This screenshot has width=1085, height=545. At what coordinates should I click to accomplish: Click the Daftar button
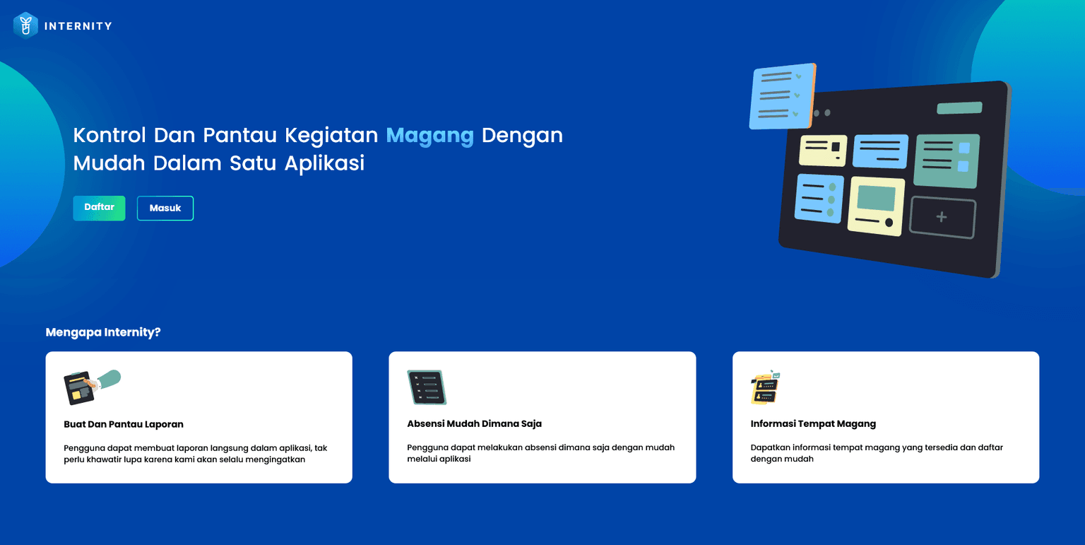coord(99,208)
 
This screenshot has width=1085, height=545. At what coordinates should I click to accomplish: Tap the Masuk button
coord(165,209)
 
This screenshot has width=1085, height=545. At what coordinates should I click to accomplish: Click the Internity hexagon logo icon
coord(25,25)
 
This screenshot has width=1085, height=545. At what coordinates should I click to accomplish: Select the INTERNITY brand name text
coord(78,26)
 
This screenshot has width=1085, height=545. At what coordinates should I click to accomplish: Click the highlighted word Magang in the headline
coord(429,135)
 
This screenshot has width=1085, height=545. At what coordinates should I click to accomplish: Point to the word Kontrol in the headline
coord(109,135)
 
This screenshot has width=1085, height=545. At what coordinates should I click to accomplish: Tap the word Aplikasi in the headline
coord(324,163)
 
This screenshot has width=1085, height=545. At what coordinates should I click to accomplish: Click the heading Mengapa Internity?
coord(103,332)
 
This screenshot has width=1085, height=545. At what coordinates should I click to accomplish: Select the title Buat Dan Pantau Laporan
coord(124,424)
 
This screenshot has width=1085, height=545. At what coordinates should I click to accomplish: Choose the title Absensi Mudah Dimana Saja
coord(474,424)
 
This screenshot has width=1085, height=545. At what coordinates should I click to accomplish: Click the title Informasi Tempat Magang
coord(813,424)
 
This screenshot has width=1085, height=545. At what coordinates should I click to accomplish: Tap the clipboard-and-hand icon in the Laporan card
coord(91,386)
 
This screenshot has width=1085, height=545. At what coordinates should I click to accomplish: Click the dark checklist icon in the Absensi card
coord(427,387)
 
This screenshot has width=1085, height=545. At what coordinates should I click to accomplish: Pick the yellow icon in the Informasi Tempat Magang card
coord(765,387)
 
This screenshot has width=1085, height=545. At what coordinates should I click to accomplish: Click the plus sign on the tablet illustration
coord(942,218)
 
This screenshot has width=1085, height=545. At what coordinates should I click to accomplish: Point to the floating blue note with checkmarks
coord(782,96)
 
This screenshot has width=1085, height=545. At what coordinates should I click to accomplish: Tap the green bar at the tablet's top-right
coord(959,108)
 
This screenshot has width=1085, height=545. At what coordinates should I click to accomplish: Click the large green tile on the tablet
coord(947,160)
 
